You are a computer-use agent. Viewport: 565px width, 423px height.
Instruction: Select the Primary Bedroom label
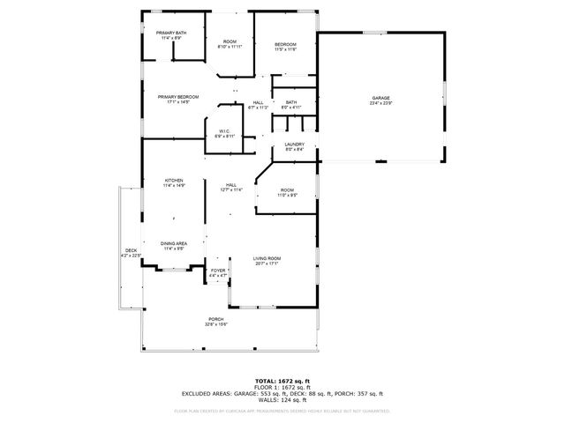pyautogui.click(x=178, y=99)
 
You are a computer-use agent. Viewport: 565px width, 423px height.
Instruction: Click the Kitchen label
pyautogui.click(x=173, y=183)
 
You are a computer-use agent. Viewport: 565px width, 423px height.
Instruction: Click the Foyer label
pyautogui.click(x=218, y=272)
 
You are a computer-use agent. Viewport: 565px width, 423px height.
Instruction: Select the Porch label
pyautogui.click(x=216, y=321)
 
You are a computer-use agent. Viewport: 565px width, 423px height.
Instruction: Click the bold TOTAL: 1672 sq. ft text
pyautogui.click(x=282, y=380)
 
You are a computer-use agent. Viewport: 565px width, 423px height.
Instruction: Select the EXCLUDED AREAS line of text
pyautogui.click(x=282, y=394)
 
